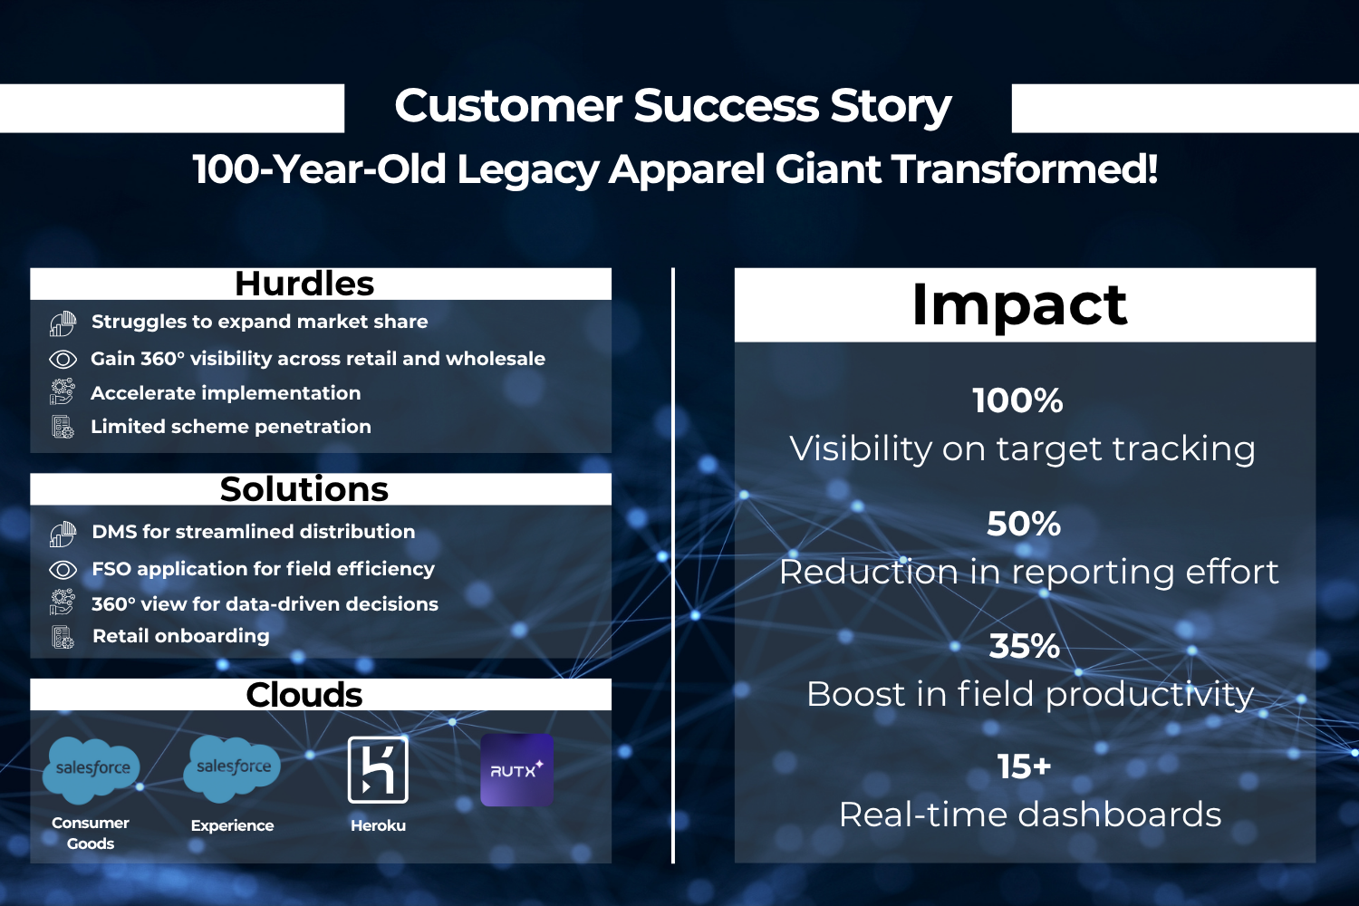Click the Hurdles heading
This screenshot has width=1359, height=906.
304,284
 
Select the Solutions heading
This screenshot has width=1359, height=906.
304,489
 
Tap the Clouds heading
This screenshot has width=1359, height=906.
304,695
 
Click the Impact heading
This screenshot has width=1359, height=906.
1019,306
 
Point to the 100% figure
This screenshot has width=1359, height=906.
1018,400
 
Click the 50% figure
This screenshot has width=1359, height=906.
1024,523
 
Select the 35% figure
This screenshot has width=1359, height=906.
1024,646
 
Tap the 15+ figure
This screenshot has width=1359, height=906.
1024,766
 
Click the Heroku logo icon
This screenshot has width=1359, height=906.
378,769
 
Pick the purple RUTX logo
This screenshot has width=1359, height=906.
516,770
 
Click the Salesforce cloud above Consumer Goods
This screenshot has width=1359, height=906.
91,769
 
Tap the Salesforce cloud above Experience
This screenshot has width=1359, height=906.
232,768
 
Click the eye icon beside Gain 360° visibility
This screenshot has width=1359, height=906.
63,360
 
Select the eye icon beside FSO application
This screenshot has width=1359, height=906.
63,570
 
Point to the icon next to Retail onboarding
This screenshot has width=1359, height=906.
63,637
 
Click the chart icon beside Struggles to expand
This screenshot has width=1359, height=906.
63,323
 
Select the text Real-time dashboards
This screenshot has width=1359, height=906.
1029,814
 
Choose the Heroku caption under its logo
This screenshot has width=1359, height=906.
378,825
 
